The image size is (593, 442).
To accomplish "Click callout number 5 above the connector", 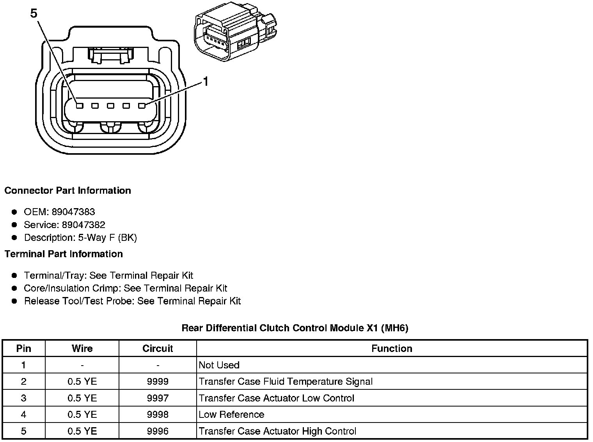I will [34, 14].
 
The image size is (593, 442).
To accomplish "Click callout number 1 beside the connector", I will [206, 81].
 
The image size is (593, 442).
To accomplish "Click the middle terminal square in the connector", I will [111, 106].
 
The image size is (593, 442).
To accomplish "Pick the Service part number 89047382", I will [83, 225].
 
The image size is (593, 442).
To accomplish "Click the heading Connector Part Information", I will [67, 191].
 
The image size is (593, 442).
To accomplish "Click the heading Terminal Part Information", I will [64, 254].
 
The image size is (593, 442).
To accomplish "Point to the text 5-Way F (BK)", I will [107, 237].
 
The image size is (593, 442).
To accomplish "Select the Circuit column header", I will [158, 348].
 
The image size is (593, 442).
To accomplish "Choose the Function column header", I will [392, 348].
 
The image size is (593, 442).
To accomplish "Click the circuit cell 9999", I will [158, 382].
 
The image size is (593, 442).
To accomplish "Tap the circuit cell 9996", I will [158, 431].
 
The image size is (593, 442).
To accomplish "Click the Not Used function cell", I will [219, 365].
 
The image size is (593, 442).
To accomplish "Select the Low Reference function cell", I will [231, 414].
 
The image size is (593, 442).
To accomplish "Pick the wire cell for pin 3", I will [82, 398].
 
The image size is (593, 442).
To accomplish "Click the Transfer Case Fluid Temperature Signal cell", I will [286, 382].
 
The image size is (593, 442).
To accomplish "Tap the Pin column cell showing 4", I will [24, 414].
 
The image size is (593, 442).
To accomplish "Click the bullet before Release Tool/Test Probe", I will [14, 301].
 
